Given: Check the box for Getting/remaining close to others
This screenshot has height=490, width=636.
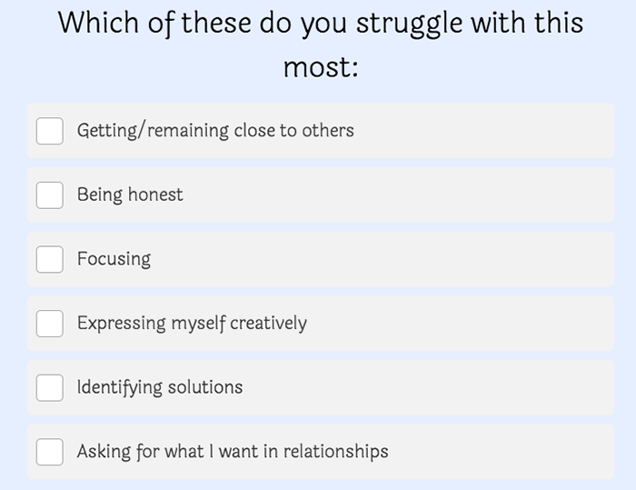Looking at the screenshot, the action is coord(49,131).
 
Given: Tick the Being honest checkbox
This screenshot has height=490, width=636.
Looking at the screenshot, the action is coord(49,195).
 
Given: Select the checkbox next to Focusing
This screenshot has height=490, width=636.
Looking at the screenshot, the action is coord(49,259).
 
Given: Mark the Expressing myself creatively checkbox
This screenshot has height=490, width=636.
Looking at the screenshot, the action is coord(49,324).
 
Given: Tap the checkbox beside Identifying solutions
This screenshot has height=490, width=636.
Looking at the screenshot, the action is coord(49,387).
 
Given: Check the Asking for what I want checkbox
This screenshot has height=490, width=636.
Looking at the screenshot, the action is coord(49,452).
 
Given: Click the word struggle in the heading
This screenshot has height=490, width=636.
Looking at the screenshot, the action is coord(409,25).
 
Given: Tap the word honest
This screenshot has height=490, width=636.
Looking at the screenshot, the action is coord(155,195).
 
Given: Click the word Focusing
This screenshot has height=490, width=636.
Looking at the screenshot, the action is coord(114,259).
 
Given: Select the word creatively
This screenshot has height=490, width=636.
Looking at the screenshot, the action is coord(268,324).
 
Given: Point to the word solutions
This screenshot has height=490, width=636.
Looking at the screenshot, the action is coord(205,387).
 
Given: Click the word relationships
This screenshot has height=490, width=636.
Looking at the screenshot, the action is coord(335,452).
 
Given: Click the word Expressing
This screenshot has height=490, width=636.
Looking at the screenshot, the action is coord(121,324).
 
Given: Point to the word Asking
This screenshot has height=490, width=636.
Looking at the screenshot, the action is coord(104,452).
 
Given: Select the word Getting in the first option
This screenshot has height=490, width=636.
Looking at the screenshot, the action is coord(107,131).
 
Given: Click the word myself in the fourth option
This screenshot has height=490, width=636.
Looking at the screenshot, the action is coord(198,324).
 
